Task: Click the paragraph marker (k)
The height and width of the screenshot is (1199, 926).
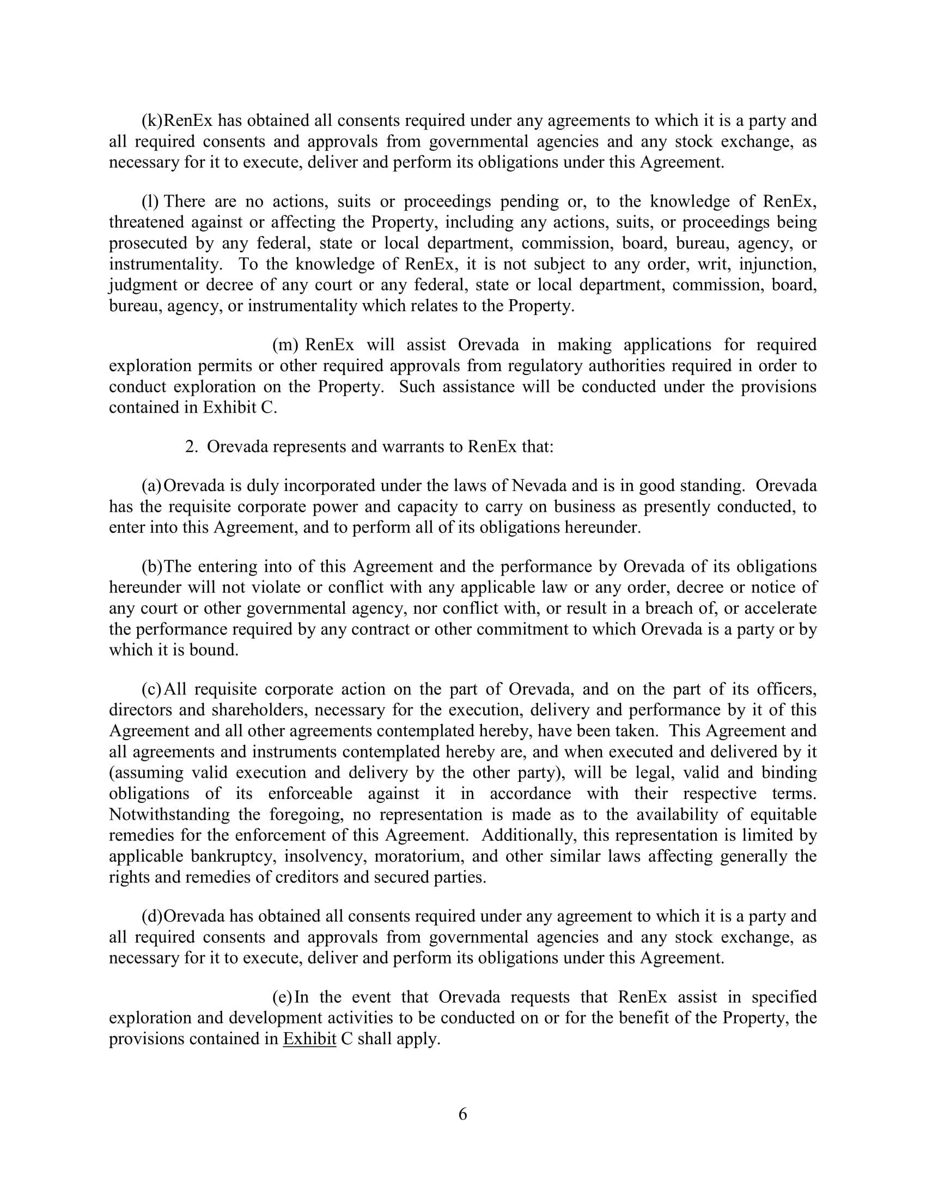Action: (x=152, y=120)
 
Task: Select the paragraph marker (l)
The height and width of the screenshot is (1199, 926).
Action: (x=150, y=202)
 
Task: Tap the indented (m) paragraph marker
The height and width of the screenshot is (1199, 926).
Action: (x=285, y=345)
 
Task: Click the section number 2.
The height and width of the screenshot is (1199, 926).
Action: (x=191, y=446)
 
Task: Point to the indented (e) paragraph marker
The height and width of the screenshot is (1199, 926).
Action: (x=282, y=997)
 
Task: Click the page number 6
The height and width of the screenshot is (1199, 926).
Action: (x=462, y=1114)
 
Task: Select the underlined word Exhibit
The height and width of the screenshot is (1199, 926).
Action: (x=309, y=1039)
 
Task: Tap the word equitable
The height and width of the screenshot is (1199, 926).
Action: (x=783, y=815)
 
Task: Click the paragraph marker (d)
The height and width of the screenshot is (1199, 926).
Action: (x=152, y=916)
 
